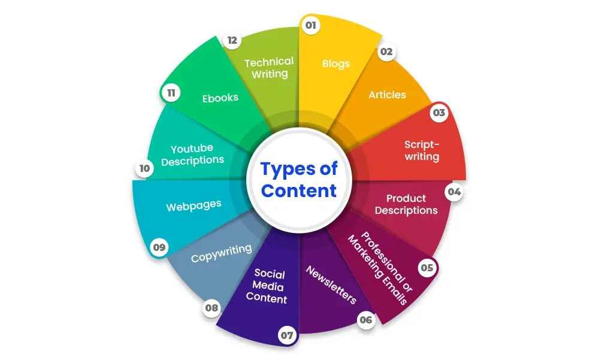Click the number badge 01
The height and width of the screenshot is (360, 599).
point(310,26)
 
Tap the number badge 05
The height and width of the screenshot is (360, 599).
point(426,268)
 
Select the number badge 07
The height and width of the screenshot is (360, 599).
point(288,335)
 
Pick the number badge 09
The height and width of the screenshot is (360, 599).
point(159,247)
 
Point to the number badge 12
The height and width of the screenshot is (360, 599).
point(232,41)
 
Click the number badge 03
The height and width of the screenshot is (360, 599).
point(440,113)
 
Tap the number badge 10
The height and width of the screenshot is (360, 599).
point(144,169)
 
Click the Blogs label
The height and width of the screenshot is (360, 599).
point(335,63)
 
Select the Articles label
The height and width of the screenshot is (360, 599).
point(387,95)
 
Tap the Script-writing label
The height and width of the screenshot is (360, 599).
point(422,150)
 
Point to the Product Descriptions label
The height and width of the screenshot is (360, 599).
point(406,204)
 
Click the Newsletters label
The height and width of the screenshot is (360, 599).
point(331,285)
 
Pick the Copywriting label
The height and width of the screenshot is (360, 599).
point(221,253)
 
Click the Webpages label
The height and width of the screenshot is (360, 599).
point(193,205)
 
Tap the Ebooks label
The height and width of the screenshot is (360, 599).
point(220,97)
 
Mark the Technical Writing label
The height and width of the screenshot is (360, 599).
point(269,68)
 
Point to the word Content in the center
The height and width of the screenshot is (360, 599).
point(299,191)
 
